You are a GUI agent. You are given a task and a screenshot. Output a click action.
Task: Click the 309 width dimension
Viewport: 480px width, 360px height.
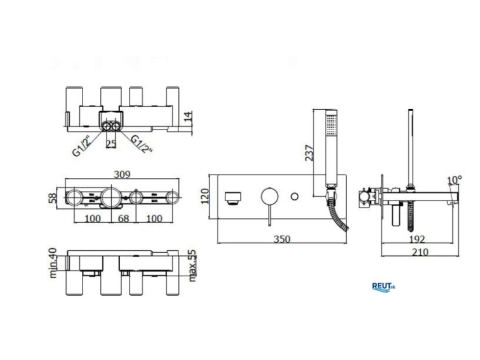pyautogui.click(x=122, y=174)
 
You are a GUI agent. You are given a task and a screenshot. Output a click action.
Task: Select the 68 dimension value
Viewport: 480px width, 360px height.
pyautogui.click(x=123, y=218)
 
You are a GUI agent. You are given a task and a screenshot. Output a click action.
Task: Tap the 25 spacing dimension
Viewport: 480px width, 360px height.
pyautogui.click(x=111, y=144)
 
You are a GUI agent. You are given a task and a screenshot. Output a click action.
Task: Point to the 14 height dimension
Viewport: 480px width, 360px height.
pyautogui.click(x=189, y=117)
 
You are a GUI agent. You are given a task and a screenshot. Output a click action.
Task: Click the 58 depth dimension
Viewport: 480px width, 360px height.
pyautogui.click(x=53, y=198)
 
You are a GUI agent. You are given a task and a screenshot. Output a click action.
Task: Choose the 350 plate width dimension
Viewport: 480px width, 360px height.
pyautogui.click(x=282, y=239)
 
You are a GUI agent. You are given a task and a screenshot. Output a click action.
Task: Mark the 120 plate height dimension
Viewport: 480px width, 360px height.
pyautogui.click(x=205, y=196)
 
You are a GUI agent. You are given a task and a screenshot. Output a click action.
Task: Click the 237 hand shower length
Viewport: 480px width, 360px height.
pyautogui.click(x=309, y=153)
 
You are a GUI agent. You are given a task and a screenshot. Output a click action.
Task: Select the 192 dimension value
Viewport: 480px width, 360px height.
pyautogui.click(x=417, y=239)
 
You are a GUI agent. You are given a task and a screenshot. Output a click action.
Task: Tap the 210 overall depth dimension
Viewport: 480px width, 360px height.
pyautogui.click(x=420, y=252)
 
